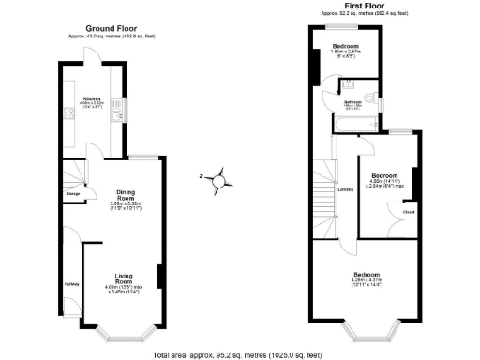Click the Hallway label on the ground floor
click(x=72, y=284)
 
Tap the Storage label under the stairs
click(x=72, y=194)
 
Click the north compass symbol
click(x=218, y=178)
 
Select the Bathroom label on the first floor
click(x=352, y=101)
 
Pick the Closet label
click(x=409, y=212)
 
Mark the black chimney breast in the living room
click(x=160, y=277)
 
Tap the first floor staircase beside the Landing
click(x=324, y=197)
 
